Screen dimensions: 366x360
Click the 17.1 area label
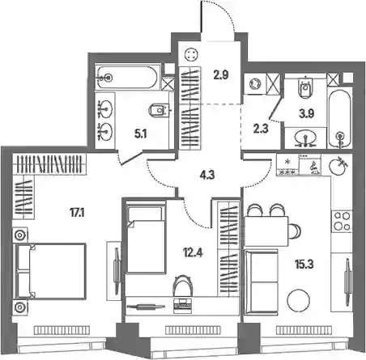coord(77,213)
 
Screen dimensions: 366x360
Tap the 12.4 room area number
coord(193,253)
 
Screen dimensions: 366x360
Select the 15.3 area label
coord(304,265)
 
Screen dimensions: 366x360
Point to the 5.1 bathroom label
coord(141,133)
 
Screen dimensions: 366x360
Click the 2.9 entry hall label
coord(221,75)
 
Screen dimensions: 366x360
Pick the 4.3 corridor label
coord(207,175)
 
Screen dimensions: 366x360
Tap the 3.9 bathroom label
coord(306,114)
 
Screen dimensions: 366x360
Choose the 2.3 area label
coord(261,129)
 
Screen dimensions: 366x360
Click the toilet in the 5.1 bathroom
coord(159,111)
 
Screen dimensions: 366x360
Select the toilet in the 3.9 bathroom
coord(305,87)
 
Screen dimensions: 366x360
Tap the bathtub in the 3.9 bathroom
coord(340,119)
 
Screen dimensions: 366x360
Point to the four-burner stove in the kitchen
coord(342,221)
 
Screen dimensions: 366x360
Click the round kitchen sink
coord(338,166)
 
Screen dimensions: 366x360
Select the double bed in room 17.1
coord(51,271)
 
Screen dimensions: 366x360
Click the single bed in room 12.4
coord(146,239)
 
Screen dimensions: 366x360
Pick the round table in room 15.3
coord(298,300)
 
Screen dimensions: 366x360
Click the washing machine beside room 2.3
coord(254,83)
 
